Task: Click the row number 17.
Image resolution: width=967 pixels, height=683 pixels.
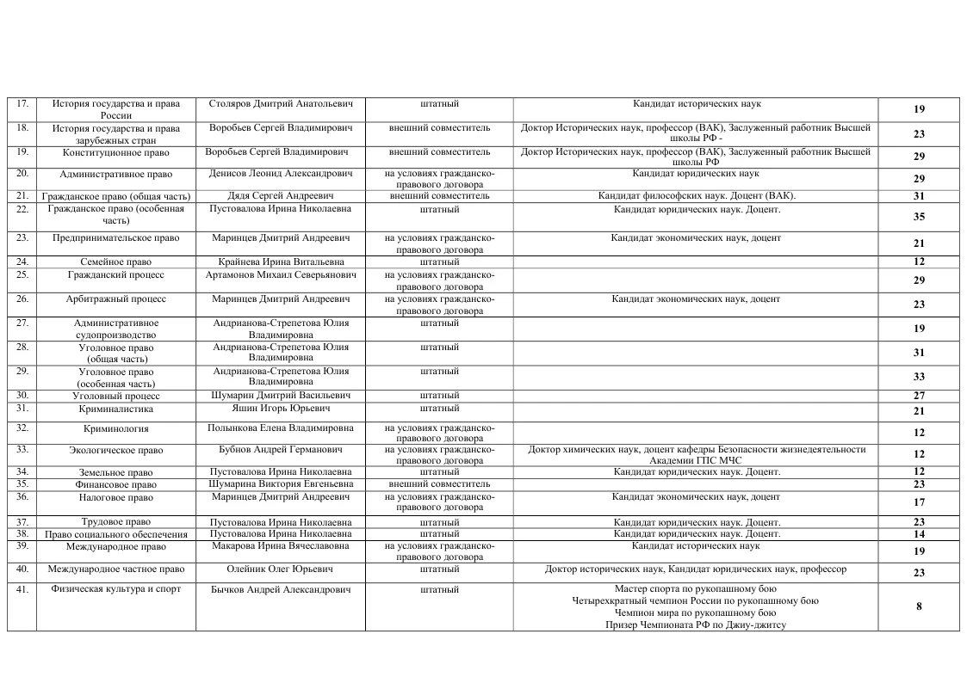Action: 22,104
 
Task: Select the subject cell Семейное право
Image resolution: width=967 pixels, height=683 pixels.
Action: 116,262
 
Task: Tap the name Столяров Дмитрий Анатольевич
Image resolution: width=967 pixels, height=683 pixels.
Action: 281,104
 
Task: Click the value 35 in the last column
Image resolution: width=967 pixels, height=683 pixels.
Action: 919,217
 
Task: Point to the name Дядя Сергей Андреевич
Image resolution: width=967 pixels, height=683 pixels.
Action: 281,196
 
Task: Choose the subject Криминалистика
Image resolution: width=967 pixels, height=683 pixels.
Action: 116,409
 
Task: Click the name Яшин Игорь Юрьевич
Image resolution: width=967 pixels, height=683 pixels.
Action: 281,409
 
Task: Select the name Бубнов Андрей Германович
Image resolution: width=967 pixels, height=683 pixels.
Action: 281,450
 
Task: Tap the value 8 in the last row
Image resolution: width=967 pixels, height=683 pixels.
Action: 919,606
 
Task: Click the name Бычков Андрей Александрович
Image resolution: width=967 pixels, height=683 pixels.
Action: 281,590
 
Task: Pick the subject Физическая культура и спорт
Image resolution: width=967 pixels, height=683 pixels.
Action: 116,589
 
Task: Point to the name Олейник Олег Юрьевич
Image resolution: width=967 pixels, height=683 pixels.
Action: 281,569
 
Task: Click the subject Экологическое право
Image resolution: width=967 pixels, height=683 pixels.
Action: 116,450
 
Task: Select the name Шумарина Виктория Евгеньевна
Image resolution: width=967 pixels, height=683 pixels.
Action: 281,484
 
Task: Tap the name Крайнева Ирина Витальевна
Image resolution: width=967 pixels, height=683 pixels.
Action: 281,262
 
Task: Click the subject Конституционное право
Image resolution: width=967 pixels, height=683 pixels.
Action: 116,152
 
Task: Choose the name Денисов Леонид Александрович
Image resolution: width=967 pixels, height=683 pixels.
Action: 281,174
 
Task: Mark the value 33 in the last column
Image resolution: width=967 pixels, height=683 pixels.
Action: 919,377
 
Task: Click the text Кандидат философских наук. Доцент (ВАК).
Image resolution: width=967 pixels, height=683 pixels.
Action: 697,196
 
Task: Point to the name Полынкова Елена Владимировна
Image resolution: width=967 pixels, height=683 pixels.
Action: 281,428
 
